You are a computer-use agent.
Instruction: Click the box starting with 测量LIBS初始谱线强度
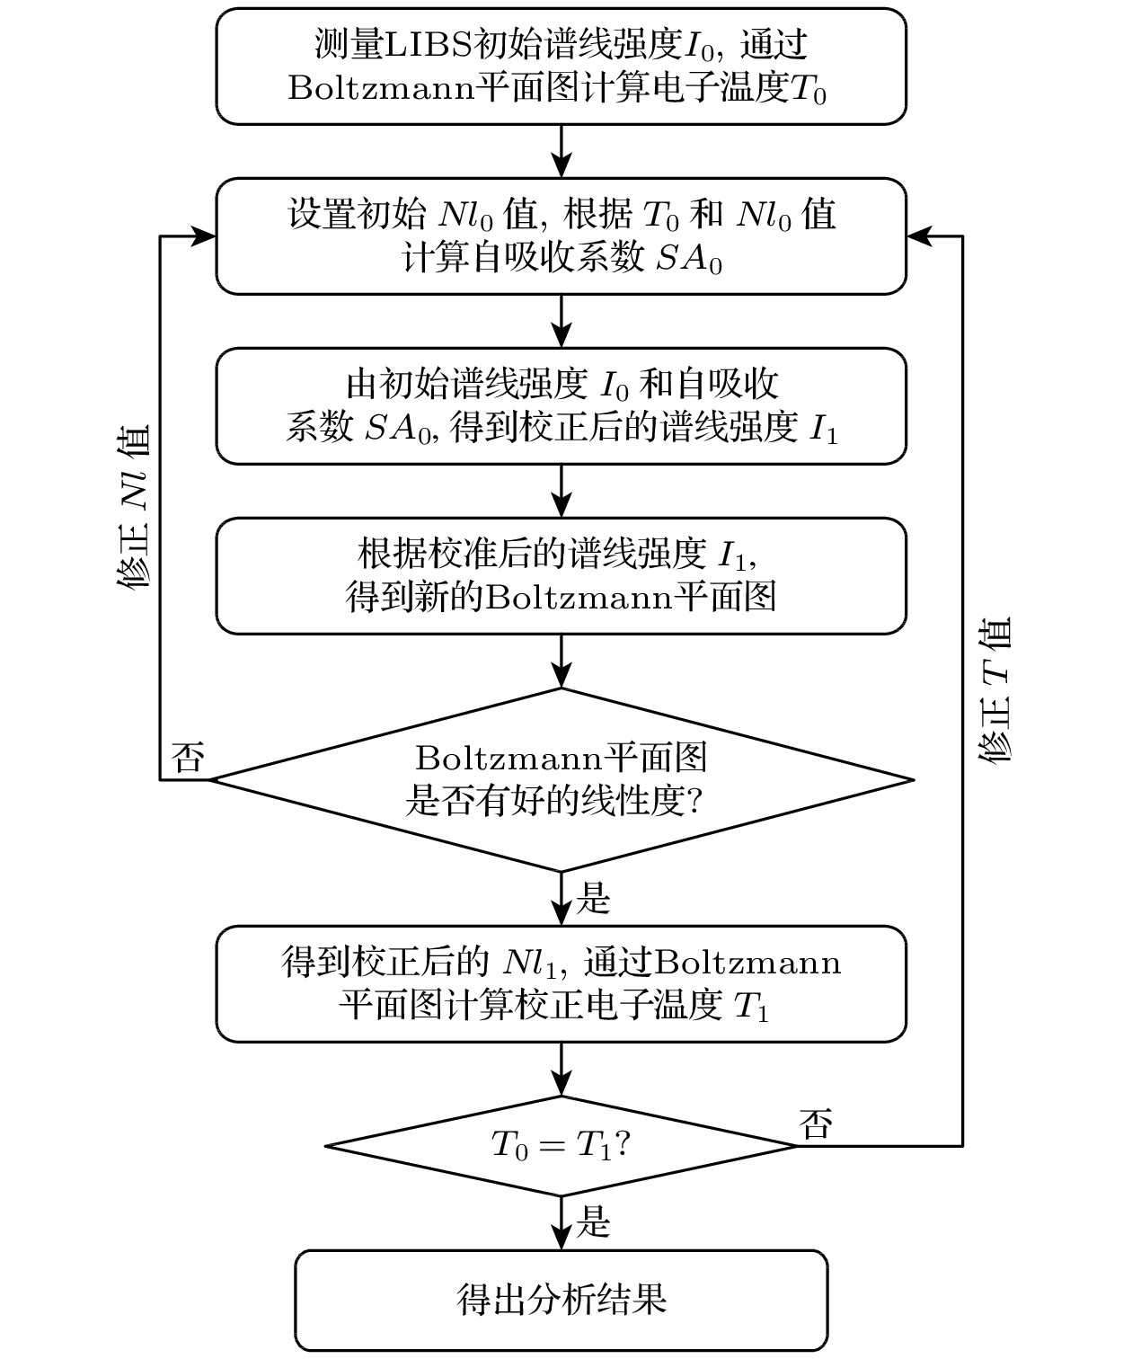561,67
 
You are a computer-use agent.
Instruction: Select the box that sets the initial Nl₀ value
561,235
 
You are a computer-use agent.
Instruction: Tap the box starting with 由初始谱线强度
561,405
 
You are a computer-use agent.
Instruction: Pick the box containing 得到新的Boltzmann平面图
561,575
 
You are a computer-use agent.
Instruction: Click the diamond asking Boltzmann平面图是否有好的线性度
561,779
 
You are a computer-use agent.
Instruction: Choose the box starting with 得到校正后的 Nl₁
561,983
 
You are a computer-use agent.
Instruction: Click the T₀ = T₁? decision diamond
561,1145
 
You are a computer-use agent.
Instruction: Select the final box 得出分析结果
561,1300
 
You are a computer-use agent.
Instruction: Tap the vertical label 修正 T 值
995,690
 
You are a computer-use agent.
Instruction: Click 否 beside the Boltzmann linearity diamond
188,758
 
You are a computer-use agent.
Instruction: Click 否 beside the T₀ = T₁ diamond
816,1124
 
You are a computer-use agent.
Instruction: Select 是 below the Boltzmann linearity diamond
592,898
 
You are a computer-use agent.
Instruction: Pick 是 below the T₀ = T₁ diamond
592,1222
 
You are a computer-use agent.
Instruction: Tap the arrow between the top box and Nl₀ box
561,151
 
